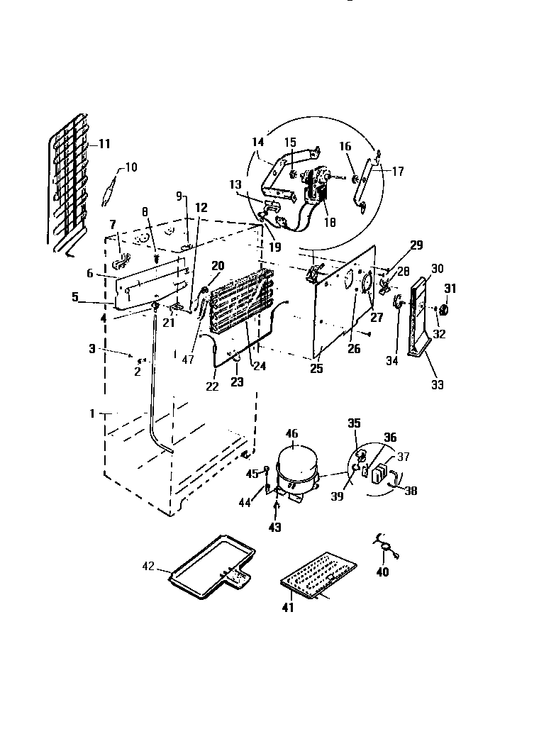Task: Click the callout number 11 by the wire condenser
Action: [x=104, y=144]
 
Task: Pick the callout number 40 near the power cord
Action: [x=383, y=572]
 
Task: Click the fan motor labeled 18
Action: [x=314, y=187]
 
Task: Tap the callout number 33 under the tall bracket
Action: [x=438, y=385]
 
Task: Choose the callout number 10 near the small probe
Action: [x=131, y=167]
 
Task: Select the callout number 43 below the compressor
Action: [x=274, y=528]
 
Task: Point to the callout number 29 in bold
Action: [x=416, y=245]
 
